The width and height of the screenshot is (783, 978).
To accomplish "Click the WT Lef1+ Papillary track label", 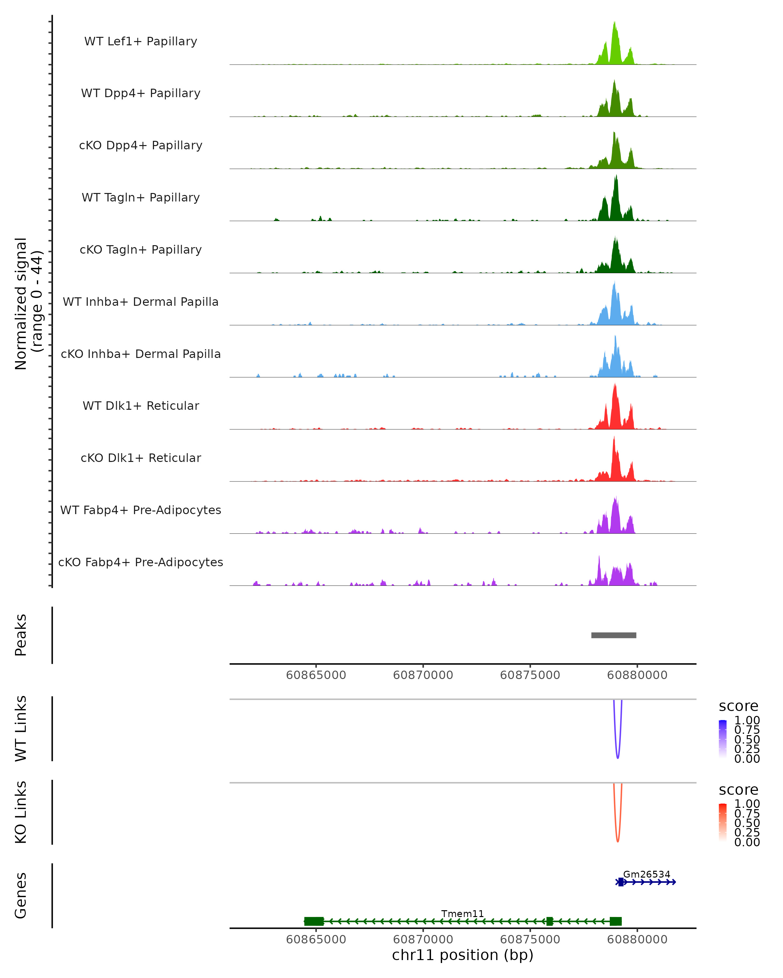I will click(141, 41).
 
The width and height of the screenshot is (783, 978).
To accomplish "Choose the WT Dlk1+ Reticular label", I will click(141, 406).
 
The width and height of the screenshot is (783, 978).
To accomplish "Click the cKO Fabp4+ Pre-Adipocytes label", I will click(141, 562).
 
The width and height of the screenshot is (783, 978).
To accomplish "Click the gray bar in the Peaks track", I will click(614, 635).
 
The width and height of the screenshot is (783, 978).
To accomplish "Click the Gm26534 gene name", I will click(646, 874).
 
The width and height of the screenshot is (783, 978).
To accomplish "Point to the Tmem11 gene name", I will click(463, 913).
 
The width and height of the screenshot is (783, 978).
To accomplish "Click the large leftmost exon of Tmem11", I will click(314, 921).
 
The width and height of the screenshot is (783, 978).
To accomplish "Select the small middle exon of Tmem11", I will click(550, 921).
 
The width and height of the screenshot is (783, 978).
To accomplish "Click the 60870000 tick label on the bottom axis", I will click(423, 939).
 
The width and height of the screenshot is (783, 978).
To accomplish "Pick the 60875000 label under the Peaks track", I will click(530, 675).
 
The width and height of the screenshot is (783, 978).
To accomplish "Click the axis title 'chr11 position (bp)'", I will click(463, 955).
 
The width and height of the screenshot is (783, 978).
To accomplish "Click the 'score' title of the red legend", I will click(739, 790).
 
